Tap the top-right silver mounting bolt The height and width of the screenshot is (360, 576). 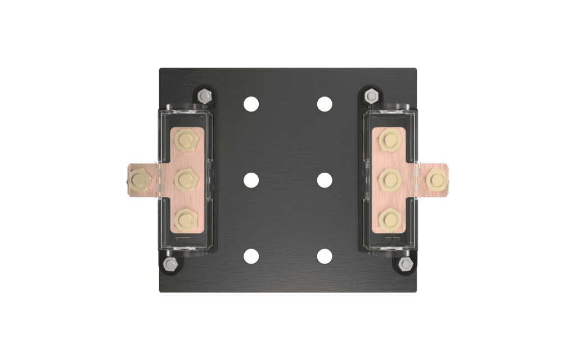pos(371,96)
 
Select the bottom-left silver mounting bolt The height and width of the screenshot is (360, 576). pos(169,264)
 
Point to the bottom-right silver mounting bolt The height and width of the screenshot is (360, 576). pos(406,264)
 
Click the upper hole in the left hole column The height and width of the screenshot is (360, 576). pos(251,104)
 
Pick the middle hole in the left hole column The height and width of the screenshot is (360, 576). pos(251,181)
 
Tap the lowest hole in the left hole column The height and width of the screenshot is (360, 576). pos(251,256)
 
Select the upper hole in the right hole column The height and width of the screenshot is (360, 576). pos(325,104)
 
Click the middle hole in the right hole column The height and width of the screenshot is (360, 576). pos(325,181)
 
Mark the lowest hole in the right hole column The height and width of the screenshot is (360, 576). pos(325,256)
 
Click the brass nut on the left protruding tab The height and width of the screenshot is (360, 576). pos(138,180)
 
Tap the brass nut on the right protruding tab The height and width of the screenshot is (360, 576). pos(436,180)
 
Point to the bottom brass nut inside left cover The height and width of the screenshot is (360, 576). pos(186,219)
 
